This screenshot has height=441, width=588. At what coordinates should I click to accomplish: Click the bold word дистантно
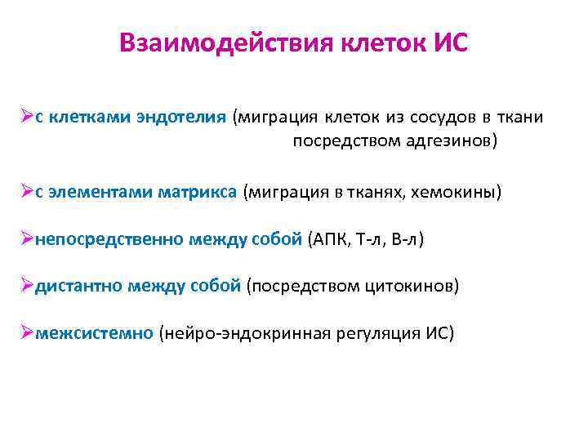tap(81, 287)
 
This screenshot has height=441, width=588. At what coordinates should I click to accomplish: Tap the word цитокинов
tap(416, 287)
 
